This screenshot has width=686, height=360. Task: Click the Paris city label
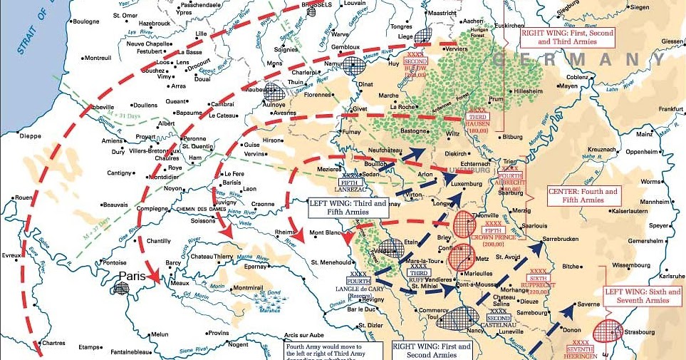tap(132, 275)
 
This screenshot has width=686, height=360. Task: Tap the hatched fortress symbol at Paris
tap(122, 288)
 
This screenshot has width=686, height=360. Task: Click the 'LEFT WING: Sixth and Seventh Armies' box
tap(643, 297)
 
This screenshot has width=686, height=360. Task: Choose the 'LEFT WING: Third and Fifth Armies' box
tap(348, 207)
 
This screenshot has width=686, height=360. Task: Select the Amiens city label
tap(111, 141)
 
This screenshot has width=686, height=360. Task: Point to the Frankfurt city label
tap(670, 108)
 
